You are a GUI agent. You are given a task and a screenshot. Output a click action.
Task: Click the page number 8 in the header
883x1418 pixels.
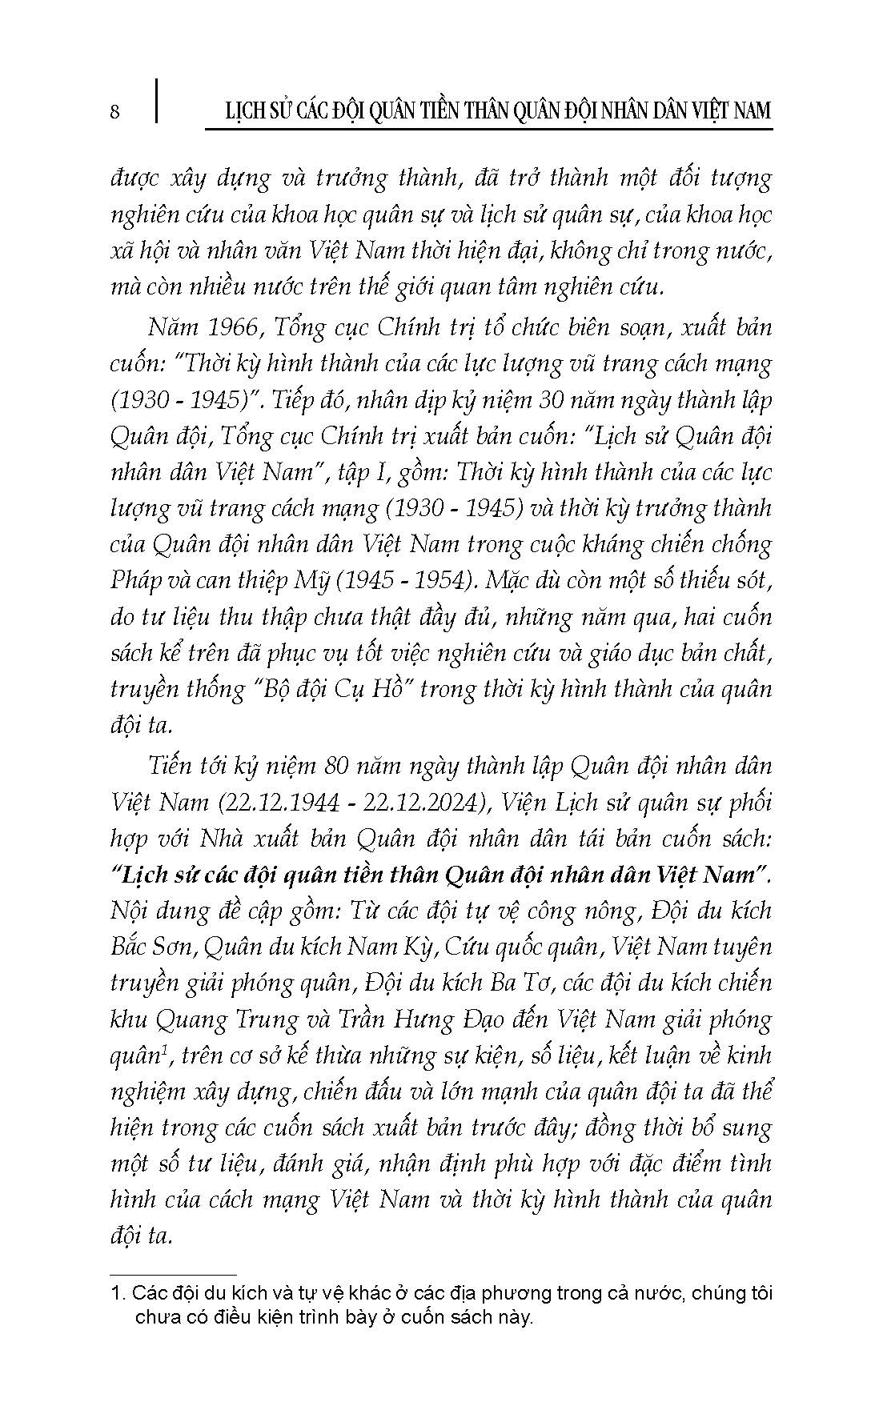[x=114, y=111]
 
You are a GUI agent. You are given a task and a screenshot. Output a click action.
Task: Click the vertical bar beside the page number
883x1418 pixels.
[x=155, y=101]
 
